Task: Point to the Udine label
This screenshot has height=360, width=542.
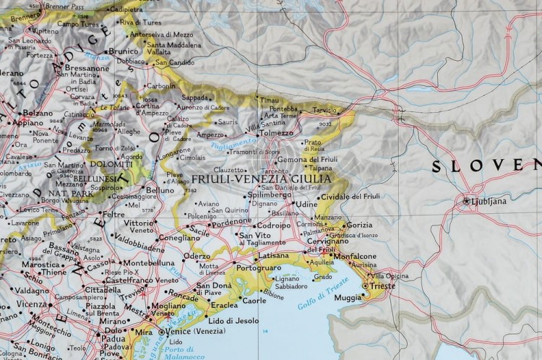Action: (x=306, y=205)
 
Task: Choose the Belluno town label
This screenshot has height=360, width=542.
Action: (x=160, y=190)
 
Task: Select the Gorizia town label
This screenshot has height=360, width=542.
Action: (x=359, y=226)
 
